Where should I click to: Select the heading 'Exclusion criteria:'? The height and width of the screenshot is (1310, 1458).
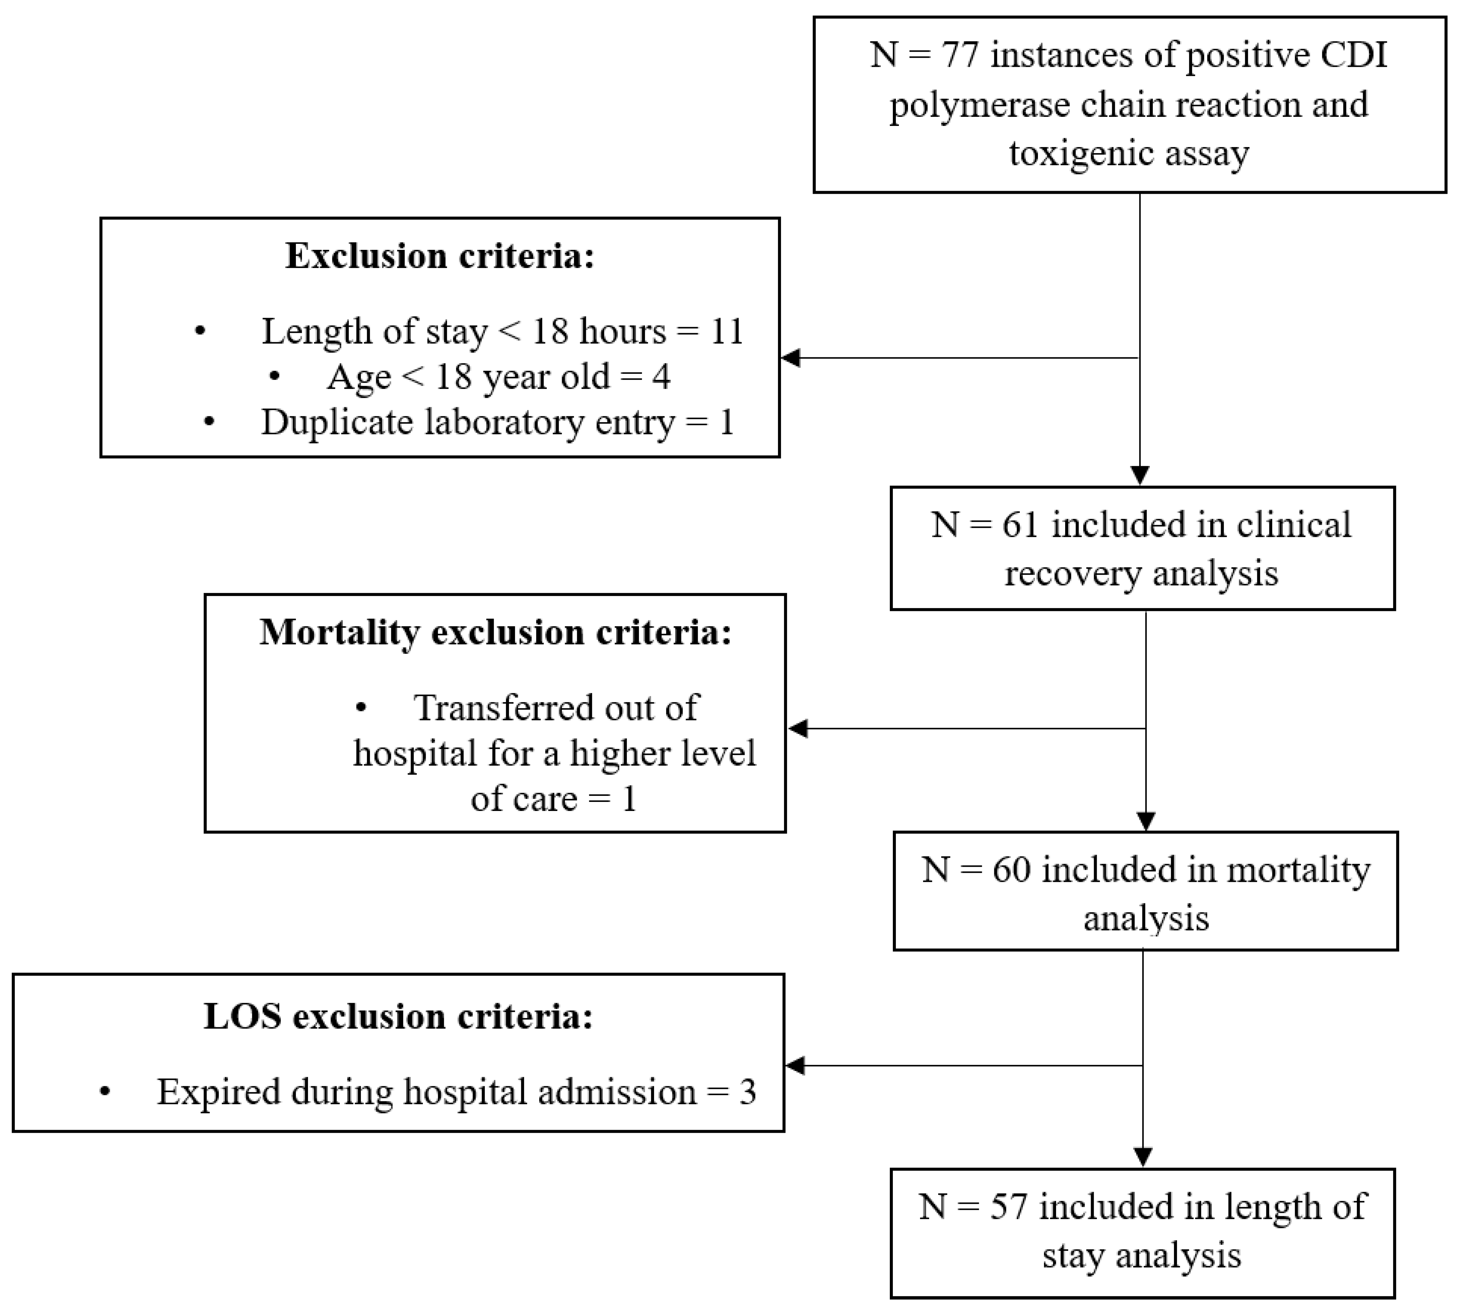click(x=440, y=256)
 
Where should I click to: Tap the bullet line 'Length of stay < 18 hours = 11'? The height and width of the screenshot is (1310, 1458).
click(x=502, y=332)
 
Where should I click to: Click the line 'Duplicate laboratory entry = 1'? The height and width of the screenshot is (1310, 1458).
click(x=497, y=422)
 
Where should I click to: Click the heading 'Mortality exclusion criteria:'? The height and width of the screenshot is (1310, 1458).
click(x=495, y=633)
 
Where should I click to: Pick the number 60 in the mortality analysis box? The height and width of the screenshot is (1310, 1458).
click(x=1011, y=870)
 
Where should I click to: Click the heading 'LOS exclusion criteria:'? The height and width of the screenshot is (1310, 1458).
click(x=398, y=1016)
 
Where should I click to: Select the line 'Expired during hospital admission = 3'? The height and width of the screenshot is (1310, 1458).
click(x=456, y=1092)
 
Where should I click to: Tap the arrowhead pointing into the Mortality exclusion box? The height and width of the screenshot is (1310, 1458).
click(x=798, y=729)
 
